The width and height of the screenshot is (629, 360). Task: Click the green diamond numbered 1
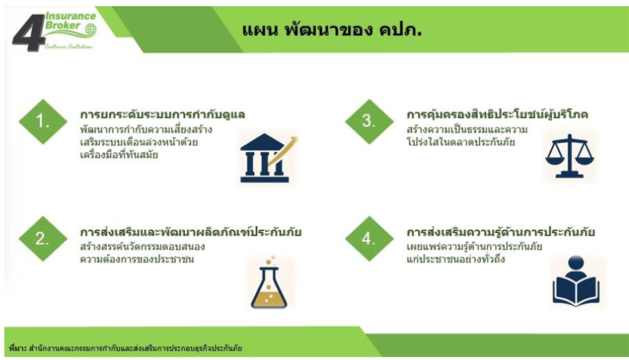coord(43,122)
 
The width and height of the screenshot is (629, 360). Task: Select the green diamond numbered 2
coord(43,239)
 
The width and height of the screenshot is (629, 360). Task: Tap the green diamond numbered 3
coord(369,122)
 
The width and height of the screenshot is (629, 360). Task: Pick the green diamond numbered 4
coord(369,239)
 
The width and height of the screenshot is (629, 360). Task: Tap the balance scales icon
coord(570,156)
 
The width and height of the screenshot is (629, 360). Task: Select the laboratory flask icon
coord(269,284)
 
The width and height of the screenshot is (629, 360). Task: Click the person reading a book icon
coord(576,280)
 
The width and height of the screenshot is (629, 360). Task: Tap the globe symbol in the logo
coord(91,29)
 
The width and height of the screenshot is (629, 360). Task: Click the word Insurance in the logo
coord(71,16)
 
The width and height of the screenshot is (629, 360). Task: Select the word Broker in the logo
coord(63,25)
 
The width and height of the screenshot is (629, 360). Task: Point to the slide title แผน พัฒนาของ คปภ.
coord(332,30)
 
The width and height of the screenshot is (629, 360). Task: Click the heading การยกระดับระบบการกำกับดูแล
coord(163,115)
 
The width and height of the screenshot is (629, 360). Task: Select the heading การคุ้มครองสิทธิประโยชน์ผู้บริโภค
coord(497,115)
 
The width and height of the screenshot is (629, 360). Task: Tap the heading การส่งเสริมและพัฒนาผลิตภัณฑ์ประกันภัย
coord(191,232)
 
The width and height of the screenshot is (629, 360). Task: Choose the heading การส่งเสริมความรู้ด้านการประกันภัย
coord(501,232)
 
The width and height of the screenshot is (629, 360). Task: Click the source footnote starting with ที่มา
coord(125,348)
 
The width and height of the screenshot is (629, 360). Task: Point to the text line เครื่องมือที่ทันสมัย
coord(119,155)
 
